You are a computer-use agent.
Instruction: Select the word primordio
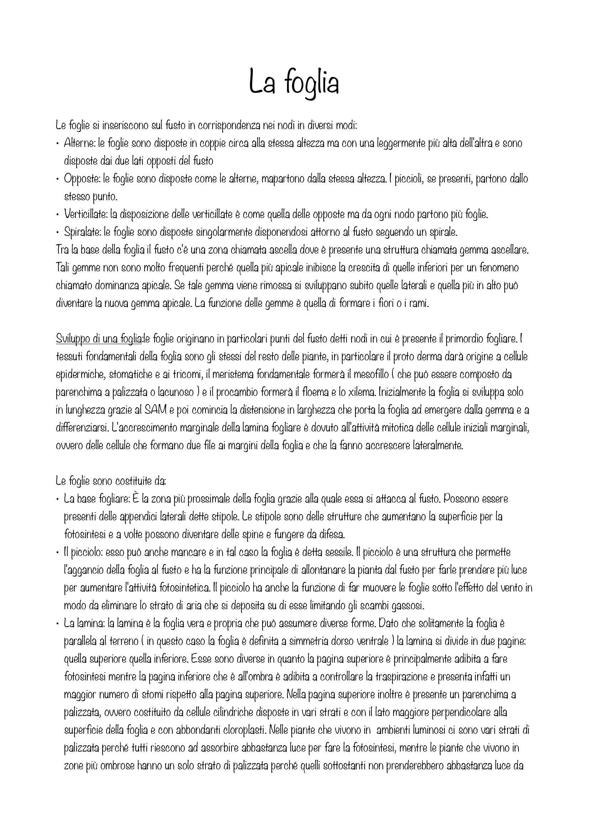466,339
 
